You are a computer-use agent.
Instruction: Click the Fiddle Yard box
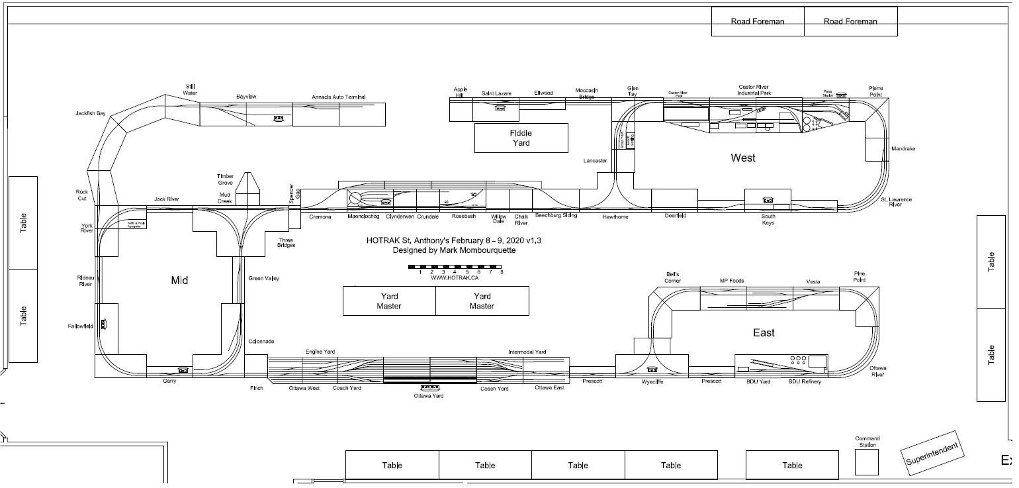521,138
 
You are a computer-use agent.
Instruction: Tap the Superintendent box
932,455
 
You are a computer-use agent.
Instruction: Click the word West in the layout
742,158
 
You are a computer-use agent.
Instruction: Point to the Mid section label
179,280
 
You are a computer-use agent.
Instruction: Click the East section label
764,332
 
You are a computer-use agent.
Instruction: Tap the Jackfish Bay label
91,114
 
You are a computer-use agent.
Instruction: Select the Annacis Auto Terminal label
339,98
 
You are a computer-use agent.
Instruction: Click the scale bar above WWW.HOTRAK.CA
456,266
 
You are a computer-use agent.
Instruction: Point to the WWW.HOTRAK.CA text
455,277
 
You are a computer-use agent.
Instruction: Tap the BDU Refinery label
805,381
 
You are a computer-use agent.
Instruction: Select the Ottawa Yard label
429,396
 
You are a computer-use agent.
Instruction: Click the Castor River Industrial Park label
754,90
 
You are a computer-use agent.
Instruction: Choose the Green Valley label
263,279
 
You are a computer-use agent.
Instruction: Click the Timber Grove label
225,179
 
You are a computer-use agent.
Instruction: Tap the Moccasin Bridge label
586,93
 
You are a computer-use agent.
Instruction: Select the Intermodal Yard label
527,352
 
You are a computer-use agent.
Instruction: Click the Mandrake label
903,149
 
